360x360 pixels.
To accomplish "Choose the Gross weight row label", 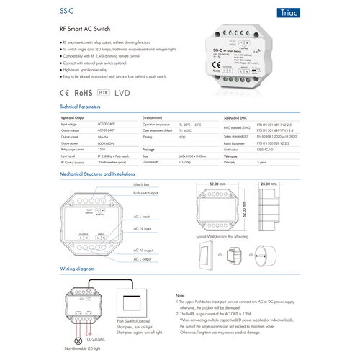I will tap(153, 162).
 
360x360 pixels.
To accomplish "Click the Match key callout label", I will tap(141, 185).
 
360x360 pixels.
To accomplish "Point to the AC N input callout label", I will tap(144, 229).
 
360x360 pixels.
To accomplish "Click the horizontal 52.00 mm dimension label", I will tap(218, 183).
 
